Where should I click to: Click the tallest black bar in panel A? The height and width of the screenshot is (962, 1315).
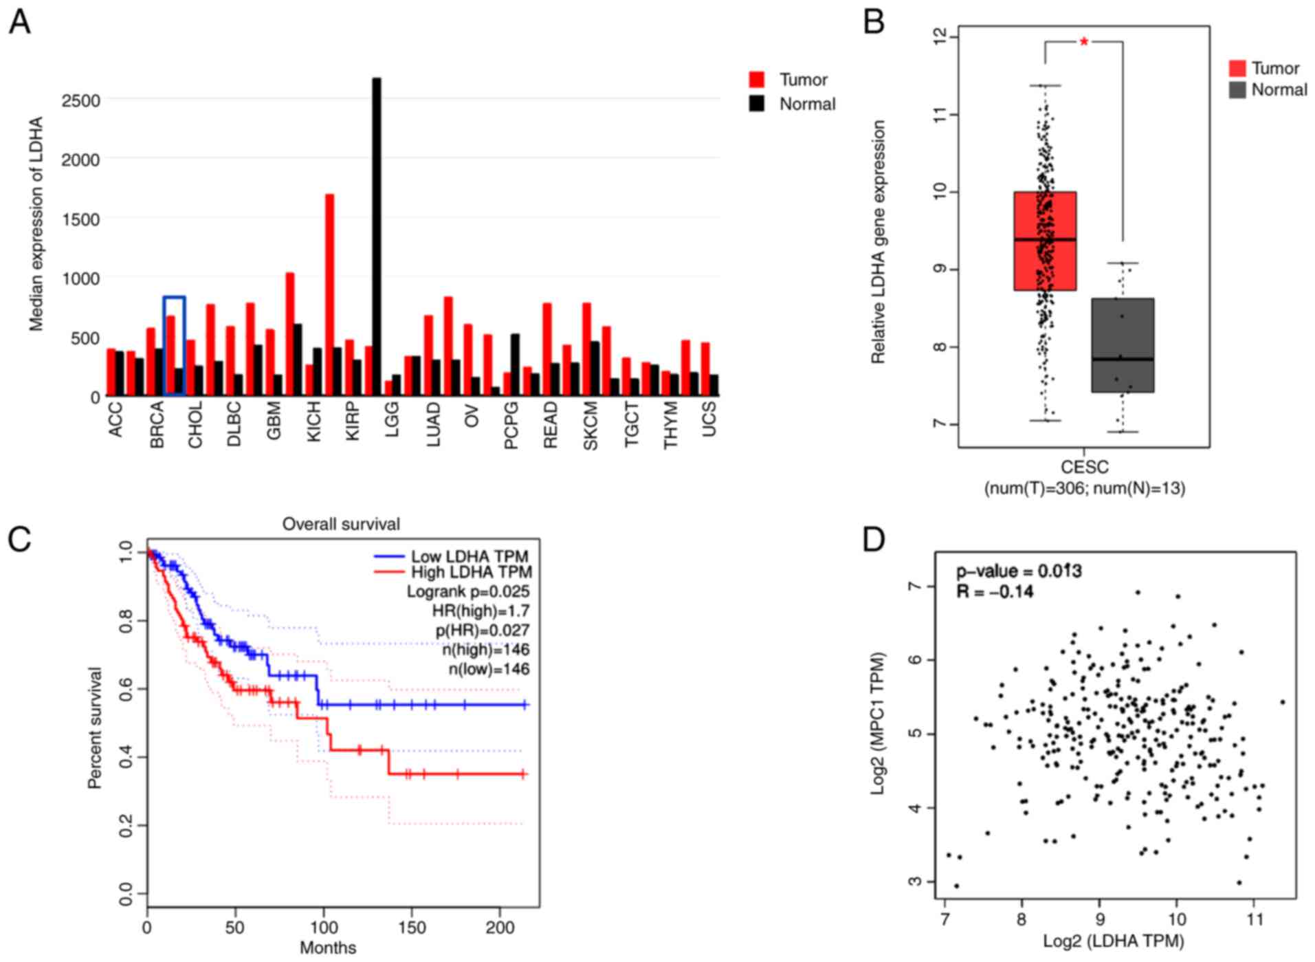point(376,237)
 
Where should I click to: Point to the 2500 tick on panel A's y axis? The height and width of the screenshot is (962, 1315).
point(81,100)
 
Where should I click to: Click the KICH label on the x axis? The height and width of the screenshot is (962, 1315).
point(313,424)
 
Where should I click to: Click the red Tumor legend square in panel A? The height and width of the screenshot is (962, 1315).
point(757,80)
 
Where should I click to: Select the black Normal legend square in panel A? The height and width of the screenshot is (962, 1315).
point(757,105)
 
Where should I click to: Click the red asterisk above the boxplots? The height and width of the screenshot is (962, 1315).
point(1084,43)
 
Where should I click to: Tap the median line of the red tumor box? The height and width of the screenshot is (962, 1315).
point(1045,239)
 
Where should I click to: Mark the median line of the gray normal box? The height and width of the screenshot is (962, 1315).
point(1123,359)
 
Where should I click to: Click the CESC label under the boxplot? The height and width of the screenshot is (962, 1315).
point(1084,468)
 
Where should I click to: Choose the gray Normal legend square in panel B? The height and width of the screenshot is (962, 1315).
point(1237,90)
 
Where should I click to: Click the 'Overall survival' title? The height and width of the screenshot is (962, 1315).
point(341,524)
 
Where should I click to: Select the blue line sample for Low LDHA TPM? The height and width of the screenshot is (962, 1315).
point(388,556)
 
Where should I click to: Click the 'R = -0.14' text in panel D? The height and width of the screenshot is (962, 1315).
point(995,591)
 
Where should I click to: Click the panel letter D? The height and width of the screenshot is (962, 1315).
point(874,540)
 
